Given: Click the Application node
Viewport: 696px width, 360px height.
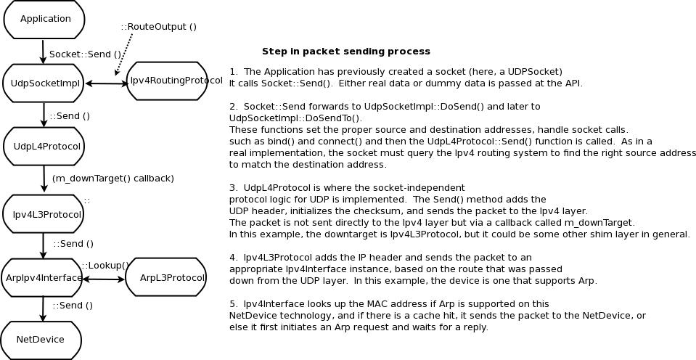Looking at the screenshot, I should (44, 19).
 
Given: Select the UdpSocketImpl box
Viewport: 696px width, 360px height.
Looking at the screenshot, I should (44, 83).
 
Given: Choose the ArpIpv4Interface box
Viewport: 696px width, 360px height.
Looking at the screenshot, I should (44, 278).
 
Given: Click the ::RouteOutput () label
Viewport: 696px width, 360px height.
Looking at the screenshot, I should (158, 27).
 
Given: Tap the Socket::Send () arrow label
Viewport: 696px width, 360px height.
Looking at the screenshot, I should (85, 54).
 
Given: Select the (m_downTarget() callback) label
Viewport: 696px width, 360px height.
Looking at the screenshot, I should (112, 178).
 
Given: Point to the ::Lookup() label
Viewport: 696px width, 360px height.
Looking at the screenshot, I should (105, 265).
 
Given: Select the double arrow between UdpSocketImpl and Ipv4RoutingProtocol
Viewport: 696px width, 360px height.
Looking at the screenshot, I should (107, 83).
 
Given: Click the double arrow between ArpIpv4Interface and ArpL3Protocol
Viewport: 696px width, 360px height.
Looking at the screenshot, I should (104, 279).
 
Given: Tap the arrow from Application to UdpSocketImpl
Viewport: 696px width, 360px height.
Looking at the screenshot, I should (44, 51).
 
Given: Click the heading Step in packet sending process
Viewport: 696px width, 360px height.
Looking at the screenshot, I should (345, 52).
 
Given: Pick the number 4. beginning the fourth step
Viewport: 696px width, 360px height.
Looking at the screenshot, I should (233, 258).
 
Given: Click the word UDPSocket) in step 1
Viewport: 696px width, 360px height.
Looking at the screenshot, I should (536, 72).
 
